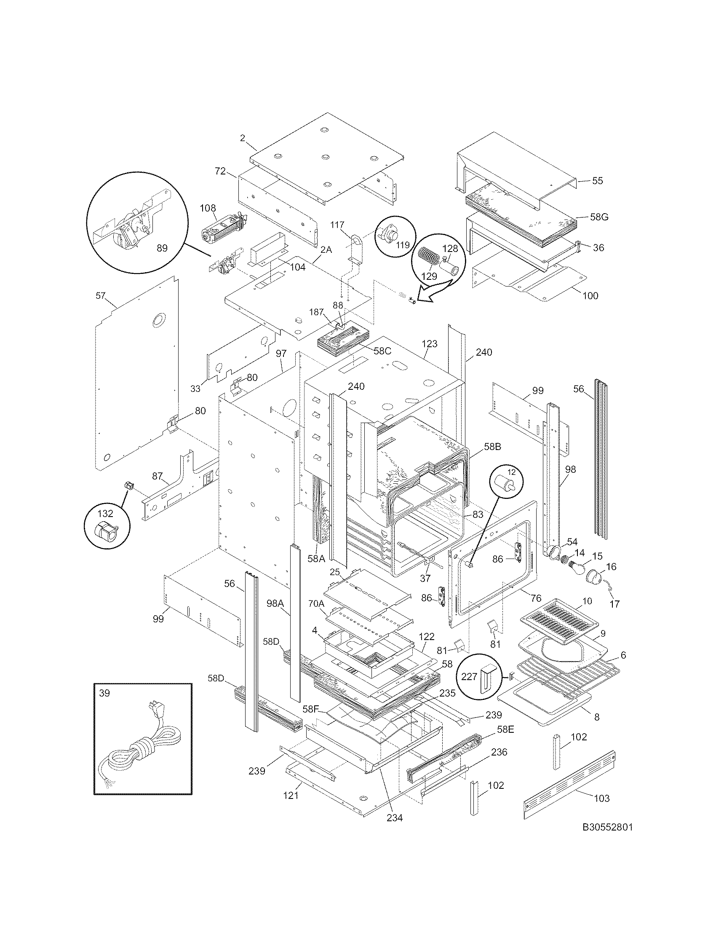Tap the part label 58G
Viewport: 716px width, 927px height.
click(x=599, y=217)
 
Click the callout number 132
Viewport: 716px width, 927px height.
click(x=105, y=514)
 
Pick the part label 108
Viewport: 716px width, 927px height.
click(x=208, y=208)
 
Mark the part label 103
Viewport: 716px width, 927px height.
click(x=601, y=798)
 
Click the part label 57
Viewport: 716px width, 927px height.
click(x=101, y=296)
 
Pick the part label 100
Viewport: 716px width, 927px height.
click(x=590, y=295)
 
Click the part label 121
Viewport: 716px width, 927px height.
click(x=291, y=796)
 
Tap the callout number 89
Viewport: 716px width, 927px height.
click(x=162, y=248)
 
